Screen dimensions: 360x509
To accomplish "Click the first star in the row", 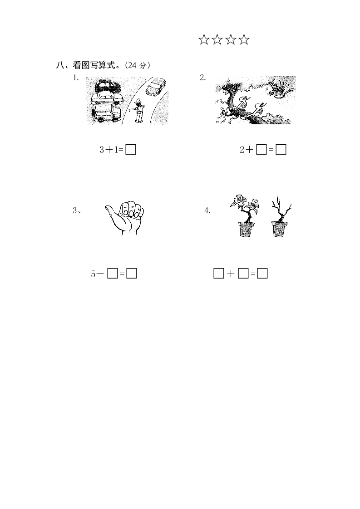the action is click(x=204, y=39).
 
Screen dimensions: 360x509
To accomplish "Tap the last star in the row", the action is click(x=244, y=39).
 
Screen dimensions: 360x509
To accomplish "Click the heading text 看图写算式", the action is click(x=94, y=65).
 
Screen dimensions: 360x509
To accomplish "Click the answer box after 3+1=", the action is click(x=131, y=150).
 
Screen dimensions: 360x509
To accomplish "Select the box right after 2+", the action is click(x=261, y=150).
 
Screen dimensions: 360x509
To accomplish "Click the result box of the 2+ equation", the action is click(x=281, y=150).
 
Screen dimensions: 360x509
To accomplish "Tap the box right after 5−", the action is click(x=113, y=274).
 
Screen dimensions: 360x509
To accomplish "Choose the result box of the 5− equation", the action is click(x=132, y=274).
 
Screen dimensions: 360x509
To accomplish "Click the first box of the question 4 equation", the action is click(x=219, y=274).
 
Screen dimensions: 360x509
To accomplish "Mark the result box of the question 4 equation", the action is click(x=262, y=274).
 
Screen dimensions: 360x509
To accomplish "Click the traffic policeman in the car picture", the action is click(x=139, y=111).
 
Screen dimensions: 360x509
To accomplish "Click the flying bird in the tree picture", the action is click(x=281, y=88).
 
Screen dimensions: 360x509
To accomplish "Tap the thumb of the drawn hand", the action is click(x=112, y=214).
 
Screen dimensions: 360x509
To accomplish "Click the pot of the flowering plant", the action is click(x=247, y=229).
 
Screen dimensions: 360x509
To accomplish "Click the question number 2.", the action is click(x=203, y=78).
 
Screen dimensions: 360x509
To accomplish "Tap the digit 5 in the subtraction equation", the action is click(x=93, y=274).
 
